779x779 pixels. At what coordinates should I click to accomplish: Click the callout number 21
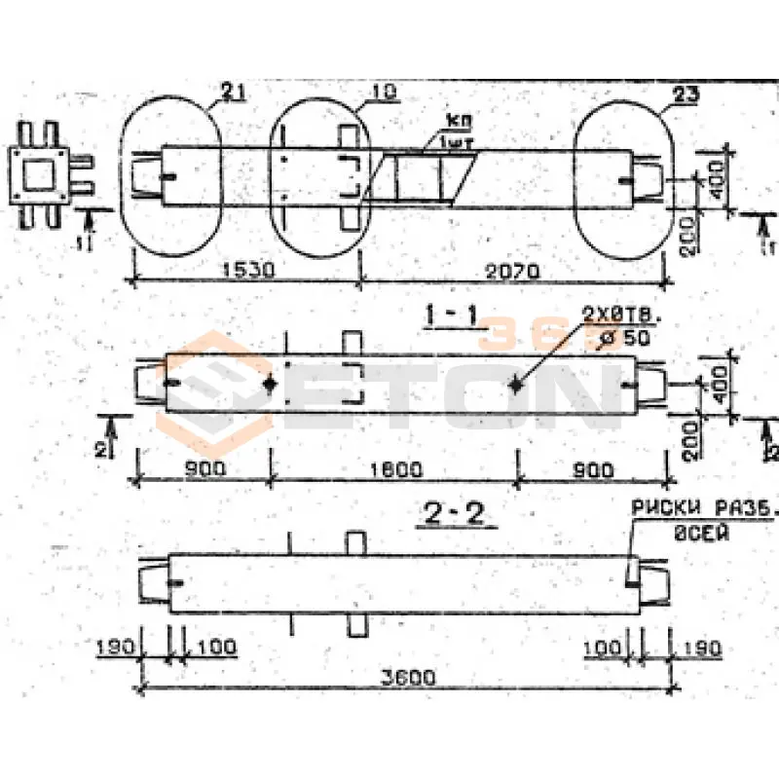pyautogui.click(x=231, y=92)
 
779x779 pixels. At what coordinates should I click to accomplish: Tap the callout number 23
pyautogui.click(x=685, y=94)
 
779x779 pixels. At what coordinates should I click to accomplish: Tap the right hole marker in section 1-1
pyautogui.click(x=516, y=385)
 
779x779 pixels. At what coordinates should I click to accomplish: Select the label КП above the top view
pyautogui.click(x=454, y=121)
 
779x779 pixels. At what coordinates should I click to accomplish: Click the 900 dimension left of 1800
pyautogui.click(x=205, y=468)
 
